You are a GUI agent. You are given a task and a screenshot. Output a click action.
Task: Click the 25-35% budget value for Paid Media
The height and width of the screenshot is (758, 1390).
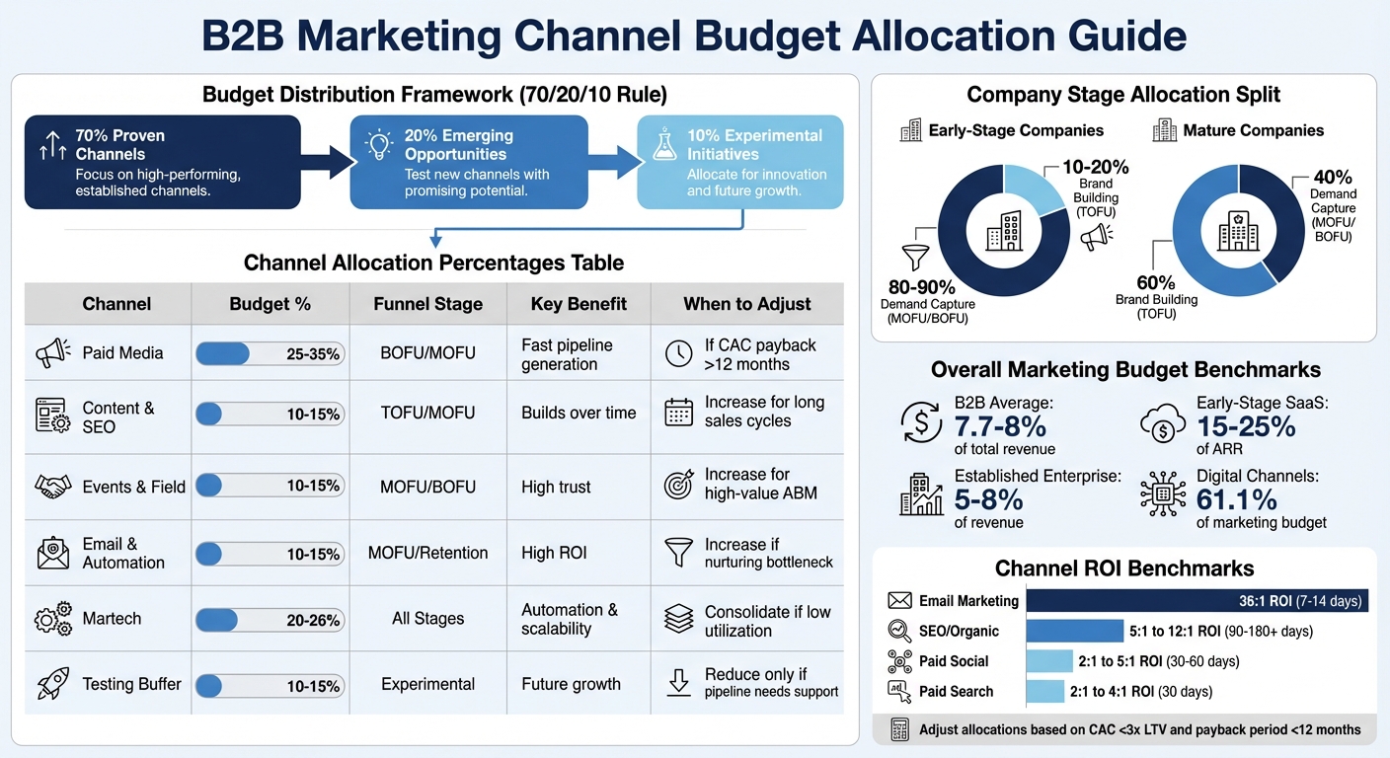[x=313, y=354]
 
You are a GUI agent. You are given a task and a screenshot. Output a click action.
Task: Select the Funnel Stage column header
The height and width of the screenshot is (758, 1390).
[x=427, y=304]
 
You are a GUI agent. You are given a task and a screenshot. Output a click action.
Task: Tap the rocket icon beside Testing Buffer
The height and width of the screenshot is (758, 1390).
[x=52, y=684]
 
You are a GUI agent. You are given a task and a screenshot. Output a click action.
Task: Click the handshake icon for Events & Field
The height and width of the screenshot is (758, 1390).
[x=52, y=487]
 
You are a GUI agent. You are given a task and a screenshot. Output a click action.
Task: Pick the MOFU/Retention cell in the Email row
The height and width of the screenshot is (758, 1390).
[x=427, y=553]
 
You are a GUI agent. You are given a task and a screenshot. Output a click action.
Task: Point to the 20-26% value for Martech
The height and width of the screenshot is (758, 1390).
[x=313, y=621]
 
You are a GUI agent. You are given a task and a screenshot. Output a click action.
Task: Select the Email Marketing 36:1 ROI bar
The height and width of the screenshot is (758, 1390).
[x=1197, y=600]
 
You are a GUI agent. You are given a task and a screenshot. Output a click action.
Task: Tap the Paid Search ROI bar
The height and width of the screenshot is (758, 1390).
[x=1045, y=691]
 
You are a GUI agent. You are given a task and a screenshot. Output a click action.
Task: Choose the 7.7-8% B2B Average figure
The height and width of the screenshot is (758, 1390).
[x=1000, y=426]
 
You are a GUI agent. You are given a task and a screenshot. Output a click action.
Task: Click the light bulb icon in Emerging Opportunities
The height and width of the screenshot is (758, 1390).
[x=379, y=145]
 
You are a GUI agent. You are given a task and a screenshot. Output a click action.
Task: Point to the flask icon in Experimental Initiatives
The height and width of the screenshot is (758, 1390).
[x=664, y=145]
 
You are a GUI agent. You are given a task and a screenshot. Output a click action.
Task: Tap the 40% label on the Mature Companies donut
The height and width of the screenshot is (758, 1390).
[x=1333, y=178]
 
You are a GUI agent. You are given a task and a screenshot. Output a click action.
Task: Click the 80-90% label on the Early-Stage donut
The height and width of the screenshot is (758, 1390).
[x=919, y=287]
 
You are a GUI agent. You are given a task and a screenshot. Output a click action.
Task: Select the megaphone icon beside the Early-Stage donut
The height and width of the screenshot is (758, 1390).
[x=1096, y=237]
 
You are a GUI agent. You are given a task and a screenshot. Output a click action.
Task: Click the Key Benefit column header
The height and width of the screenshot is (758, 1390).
[x=578, y=304]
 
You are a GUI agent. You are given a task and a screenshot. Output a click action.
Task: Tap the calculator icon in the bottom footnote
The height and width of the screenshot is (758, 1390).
[x=899, y=729]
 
